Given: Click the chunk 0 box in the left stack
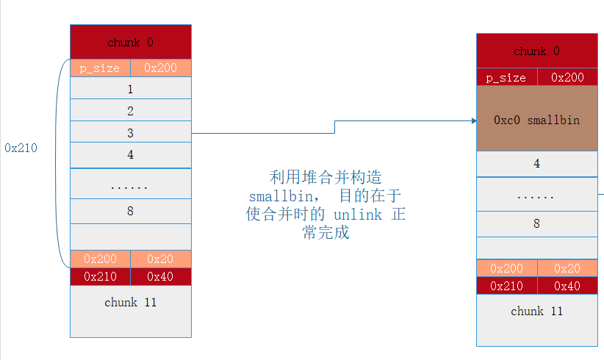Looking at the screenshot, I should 131,42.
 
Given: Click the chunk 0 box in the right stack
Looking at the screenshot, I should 536,51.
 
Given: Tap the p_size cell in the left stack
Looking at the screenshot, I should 100,68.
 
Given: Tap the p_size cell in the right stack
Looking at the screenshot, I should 507,77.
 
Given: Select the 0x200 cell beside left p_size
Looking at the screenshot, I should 160,68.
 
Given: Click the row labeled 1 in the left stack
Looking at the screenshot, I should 131,89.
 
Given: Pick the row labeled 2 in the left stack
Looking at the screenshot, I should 131,111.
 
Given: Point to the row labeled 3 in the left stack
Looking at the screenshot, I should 131,133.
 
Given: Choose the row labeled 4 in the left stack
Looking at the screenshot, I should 131,155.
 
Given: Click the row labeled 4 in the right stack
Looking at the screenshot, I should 536,164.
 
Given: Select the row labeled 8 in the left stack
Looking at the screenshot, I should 131,211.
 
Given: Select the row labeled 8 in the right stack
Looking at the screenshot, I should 536,223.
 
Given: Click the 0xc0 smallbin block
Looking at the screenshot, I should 536,119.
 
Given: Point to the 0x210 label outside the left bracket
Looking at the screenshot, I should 21,148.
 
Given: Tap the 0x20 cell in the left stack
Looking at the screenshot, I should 160,259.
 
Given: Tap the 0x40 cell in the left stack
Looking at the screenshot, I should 160,276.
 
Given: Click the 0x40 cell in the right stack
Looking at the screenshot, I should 567,286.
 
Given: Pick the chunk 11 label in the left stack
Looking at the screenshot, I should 131,302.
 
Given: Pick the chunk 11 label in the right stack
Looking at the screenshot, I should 536,311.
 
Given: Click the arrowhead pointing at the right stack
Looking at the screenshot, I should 472,120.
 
